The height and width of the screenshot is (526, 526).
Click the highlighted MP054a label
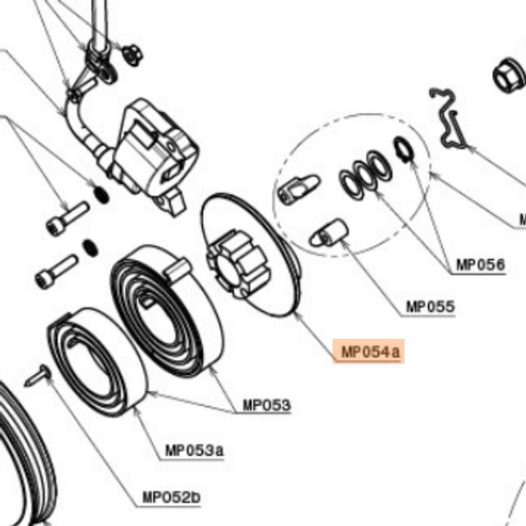click(x=370, y=352)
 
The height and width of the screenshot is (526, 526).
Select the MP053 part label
click(x=266, y=405)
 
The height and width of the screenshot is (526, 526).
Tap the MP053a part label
click(x=194, y=450)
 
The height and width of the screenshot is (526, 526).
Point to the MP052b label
click(x=172, y=496)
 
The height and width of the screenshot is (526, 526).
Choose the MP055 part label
click(x=431, y=307)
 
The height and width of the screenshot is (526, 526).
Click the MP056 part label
click(x=480, y=265)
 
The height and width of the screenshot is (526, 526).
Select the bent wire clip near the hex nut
click(x=448, y=118)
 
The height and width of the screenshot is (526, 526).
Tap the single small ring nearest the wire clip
click(x=403, y=150)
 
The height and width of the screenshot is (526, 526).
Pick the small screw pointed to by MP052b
click(x=37, y=376)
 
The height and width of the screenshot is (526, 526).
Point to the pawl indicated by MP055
click(x=329, y=233)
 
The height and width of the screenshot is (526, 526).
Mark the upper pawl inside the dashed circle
click(x=298, y=190)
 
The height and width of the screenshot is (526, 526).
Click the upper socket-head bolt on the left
click(x=67, y=219)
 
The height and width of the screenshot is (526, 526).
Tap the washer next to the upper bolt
click(x=101, y=194)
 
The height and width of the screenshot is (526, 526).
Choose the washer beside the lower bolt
click(x=90, y=248)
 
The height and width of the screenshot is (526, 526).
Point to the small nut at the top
click(x=132, y=55)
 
